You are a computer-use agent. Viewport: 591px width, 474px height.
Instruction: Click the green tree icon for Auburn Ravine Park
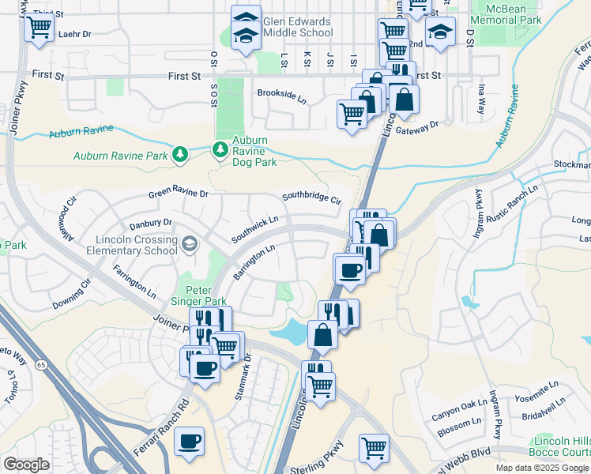pyautogui.click(x=181, y=154)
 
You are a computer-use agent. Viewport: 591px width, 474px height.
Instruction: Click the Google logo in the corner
pyautogui.click(x=26, y=464)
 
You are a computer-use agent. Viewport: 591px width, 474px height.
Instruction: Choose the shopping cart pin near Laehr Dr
pyautogui.click(x=38, y=28)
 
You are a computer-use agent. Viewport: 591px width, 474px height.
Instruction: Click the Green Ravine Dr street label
pyautogui.click(x=179, y=194)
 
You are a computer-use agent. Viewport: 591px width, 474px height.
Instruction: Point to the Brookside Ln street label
pyautogui.click(x=281, y=92)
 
